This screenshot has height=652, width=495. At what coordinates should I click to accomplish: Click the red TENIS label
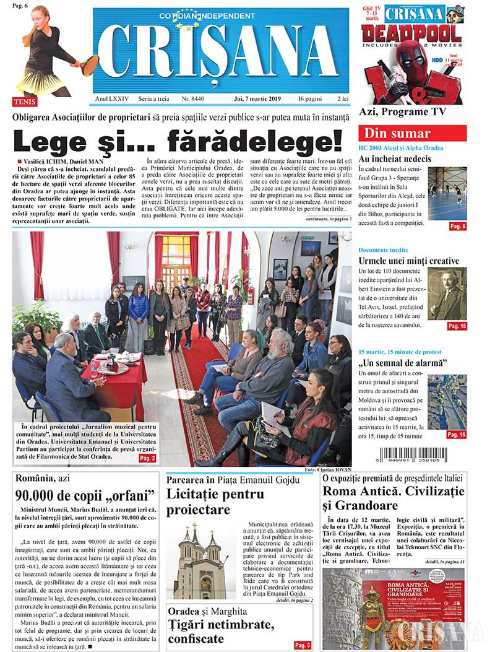pyautogui.click(x=25, y=101)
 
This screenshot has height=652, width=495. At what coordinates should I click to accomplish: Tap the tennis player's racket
pyautogui.click(x=87, y=62)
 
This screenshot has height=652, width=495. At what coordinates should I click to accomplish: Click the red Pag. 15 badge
pyautogui.click(x=457, y=326)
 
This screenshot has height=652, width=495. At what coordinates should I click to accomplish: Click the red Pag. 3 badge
pyautogui.click(x=303, y=645)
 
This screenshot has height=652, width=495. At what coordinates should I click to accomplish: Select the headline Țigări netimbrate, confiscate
pyautogui.click(x=213, y=632)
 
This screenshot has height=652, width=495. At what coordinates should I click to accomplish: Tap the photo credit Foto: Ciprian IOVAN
pyautogui.click(x=328, y=471)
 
